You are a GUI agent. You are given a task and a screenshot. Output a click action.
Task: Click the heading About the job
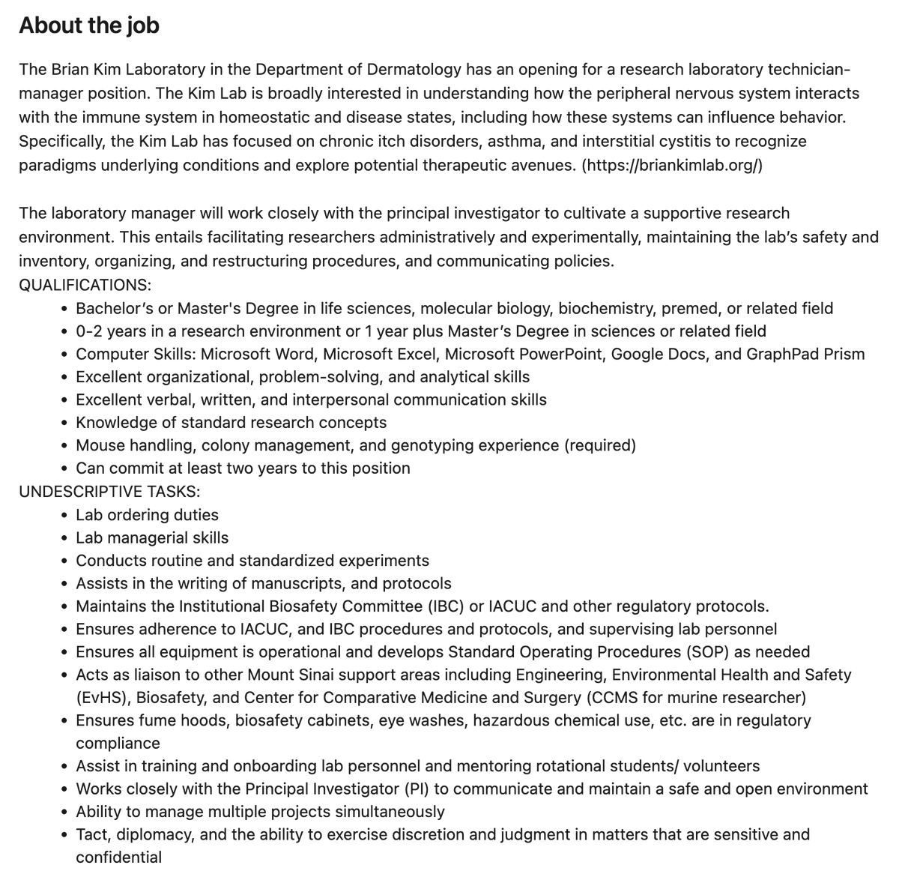(x=88, y=25)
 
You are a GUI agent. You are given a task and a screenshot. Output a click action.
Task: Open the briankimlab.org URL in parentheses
(x=672, y=165)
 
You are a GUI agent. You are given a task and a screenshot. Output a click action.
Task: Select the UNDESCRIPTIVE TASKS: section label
(x=109, y=492)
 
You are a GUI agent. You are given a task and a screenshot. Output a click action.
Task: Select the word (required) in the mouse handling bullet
(x=599, y=445)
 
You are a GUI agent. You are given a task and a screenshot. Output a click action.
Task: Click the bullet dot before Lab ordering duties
(x=67, y=516)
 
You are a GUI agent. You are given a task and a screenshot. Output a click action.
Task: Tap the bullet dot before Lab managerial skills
(x=67, y=538)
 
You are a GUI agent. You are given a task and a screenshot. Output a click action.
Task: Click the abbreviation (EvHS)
(x=103, y=698)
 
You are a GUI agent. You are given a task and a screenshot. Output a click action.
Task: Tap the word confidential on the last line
(x=118, y=858)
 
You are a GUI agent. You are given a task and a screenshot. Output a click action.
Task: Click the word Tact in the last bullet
(x=91, y=834)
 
